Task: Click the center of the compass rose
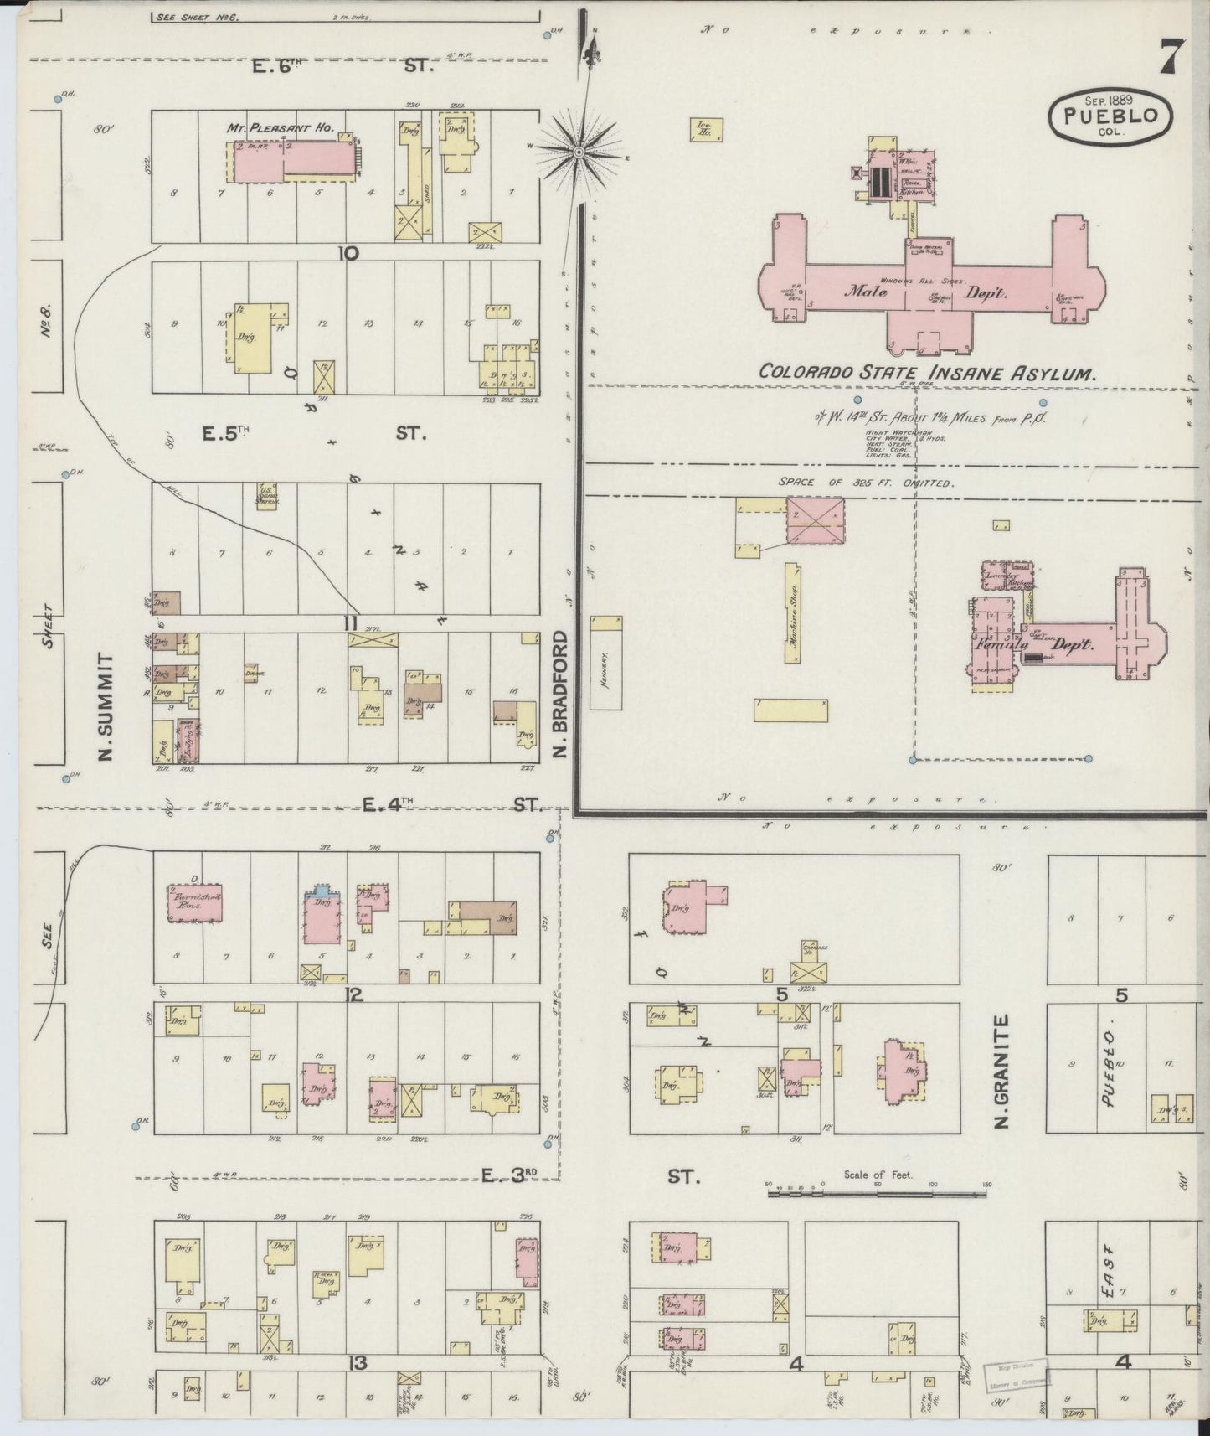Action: point(579,152)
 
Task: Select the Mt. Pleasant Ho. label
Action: point(280,128)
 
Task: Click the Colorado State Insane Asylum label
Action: point(927,374)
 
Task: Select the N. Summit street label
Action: point(106,708)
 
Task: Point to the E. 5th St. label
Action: point(316,434)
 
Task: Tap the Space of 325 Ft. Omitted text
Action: point(867,483)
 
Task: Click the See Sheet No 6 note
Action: point(198,16)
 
